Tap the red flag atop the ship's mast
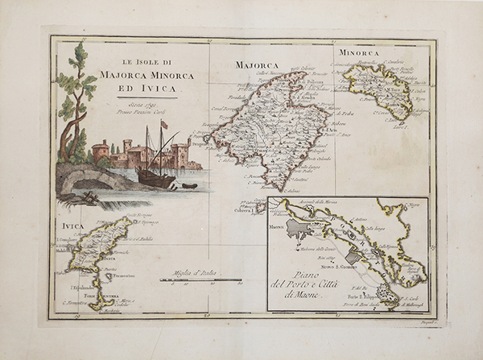click(x=164, y=124)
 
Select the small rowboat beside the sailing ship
click(x=189, y=185)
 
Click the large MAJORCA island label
click(x=256, y=64)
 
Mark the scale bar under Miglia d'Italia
click(x=201, y=281)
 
